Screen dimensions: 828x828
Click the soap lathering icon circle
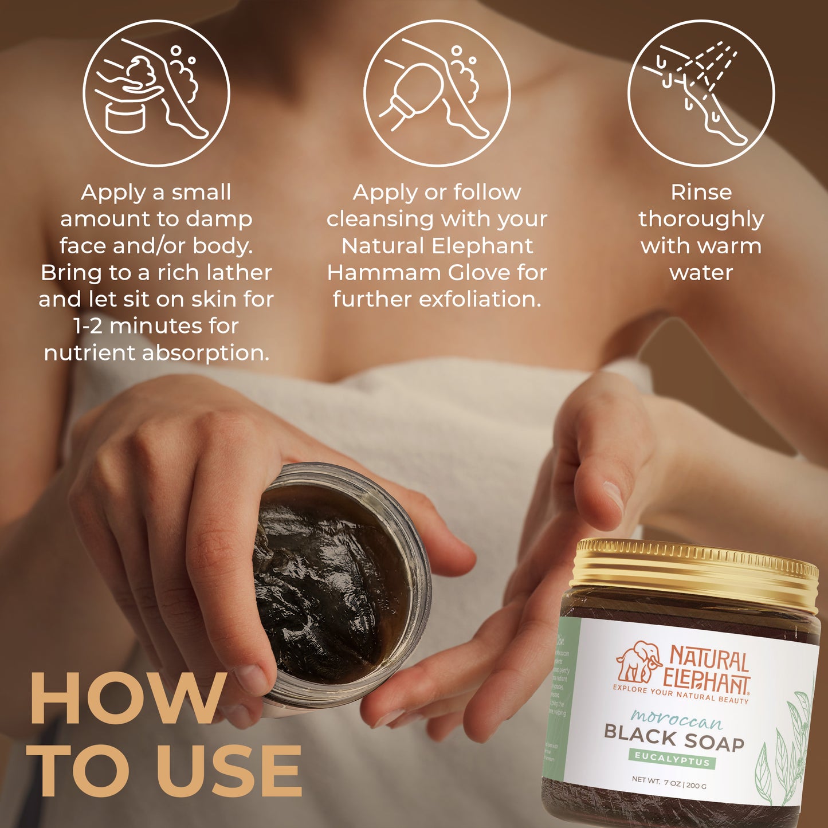pyautogui.click(x=156, y=93)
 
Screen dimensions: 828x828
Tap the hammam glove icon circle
pyautogui.click(x=437, y=93)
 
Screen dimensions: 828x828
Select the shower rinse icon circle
pyautogui.click(x=701, y=93)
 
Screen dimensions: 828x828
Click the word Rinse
pyautogui.click(x=701, y=193)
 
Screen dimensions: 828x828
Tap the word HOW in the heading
pyautogui.click(x=127, y=698)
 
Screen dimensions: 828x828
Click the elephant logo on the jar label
pyautogui.click(x=637, y=661)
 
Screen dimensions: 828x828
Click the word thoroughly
pyautogui.click(x=701, y=219)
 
